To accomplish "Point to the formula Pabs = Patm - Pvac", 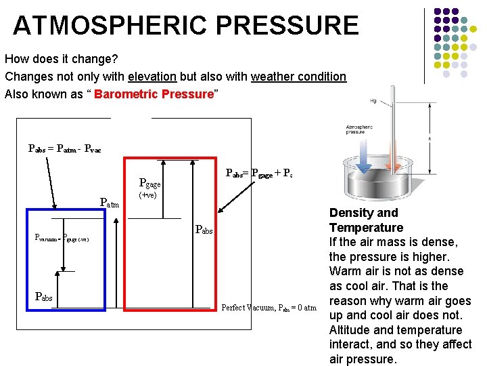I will (64, 148).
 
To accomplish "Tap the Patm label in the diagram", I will (109, 202).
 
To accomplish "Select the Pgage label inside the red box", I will (149, 182).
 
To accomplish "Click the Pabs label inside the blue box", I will (45, 297).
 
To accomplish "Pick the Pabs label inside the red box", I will (204, 230).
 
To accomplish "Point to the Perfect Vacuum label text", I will (269, 308).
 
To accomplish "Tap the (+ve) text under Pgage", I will (147, 195).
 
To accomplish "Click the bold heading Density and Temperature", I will (366, 220).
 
